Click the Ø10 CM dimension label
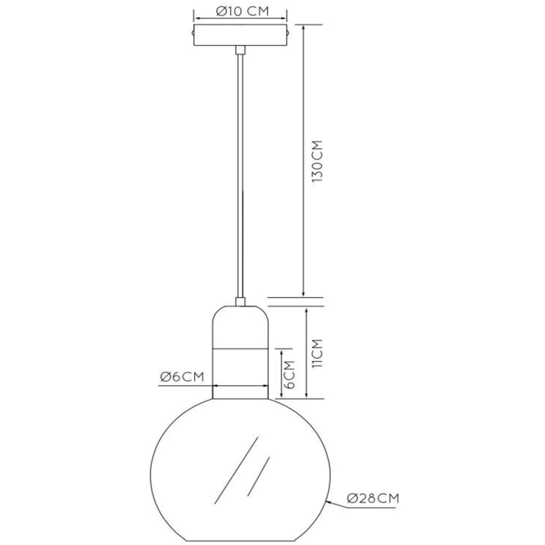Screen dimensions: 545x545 click(242, 11)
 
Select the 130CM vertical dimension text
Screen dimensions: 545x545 click(317, 162)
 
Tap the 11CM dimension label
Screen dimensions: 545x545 click(317, 354)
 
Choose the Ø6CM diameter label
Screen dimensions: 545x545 click(182, 377)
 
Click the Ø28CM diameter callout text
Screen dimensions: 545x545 click(373, 498)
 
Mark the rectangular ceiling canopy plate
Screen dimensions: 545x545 click(240, 35)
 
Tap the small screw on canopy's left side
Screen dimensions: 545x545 click(193, 33)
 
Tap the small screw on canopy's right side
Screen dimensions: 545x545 click(288, 33)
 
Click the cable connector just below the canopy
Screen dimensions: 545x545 click(240, 50)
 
